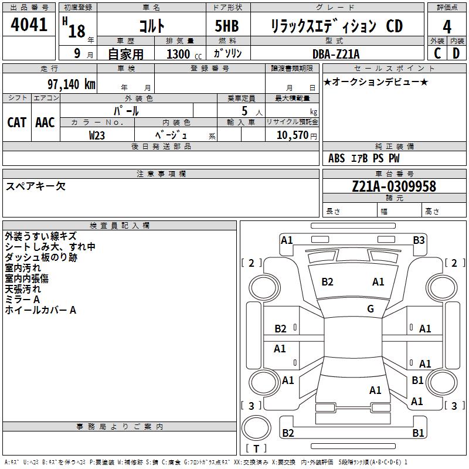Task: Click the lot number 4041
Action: (x=29, y=25)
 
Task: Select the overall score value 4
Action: (x=447, y=26)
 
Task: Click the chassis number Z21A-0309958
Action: (x=394, y=187)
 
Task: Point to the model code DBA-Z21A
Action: (x=336, y=53)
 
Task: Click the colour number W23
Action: (x=97, y=135)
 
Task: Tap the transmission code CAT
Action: (x=16, y=122)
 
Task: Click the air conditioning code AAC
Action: (x=45, y=122)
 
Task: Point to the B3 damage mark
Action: (x=419, y=240)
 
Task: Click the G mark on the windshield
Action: (x=371, y=309)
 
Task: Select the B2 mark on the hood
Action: (x=327, y=282)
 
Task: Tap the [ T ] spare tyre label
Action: (x=256, y=448)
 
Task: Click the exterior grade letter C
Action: (x=437, y=53)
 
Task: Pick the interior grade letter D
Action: (x=457, y=53)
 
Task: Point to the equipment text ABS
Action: (x=337, y=158)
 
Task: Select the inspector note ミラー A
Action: (x=22, y=300)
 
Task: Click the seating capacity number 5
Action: (x=244, y=110)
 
